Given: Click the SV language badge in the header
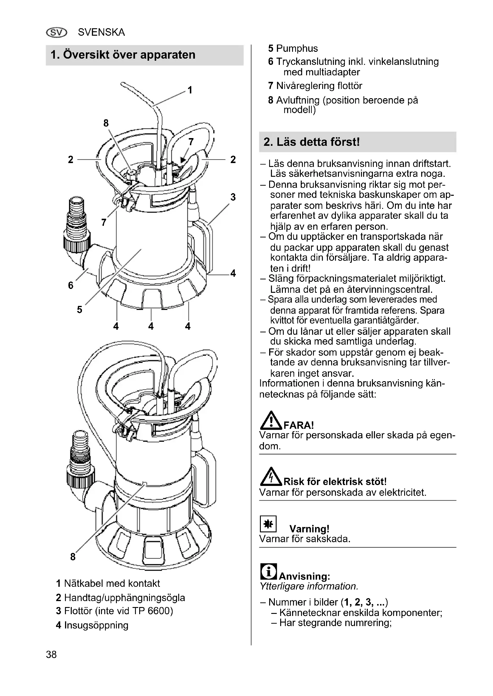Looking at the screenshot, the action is (x=56, y=32).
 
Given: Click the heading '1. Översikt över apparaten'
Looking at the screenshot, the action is (x=123, y=55).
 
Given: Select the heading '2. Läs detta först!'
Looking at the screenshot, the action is (x=311, y=142).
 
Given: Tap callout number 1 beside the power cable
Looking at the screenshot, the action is (x=190, y=90).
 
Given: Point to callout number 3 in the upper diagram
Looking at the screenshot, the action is (x=233, y=197).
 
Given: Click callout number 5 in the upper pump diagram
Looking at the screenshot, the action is (x=80, y=309).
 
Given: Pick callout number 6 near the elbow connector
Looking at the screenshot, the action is (x=71, y=285).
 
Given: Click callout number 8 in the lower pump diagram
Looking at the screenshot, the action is (x=73, y=556).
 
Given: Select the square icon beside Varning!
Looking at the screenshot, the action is (x=268, y=524).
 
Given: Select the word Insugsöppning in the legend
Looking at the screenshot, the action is (x=96, y=625).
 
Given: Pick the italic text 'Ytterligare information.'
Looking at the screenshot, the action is (x=309, y=586).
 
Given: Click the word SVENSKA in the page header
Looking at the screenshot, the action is (x=101, y=32).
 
